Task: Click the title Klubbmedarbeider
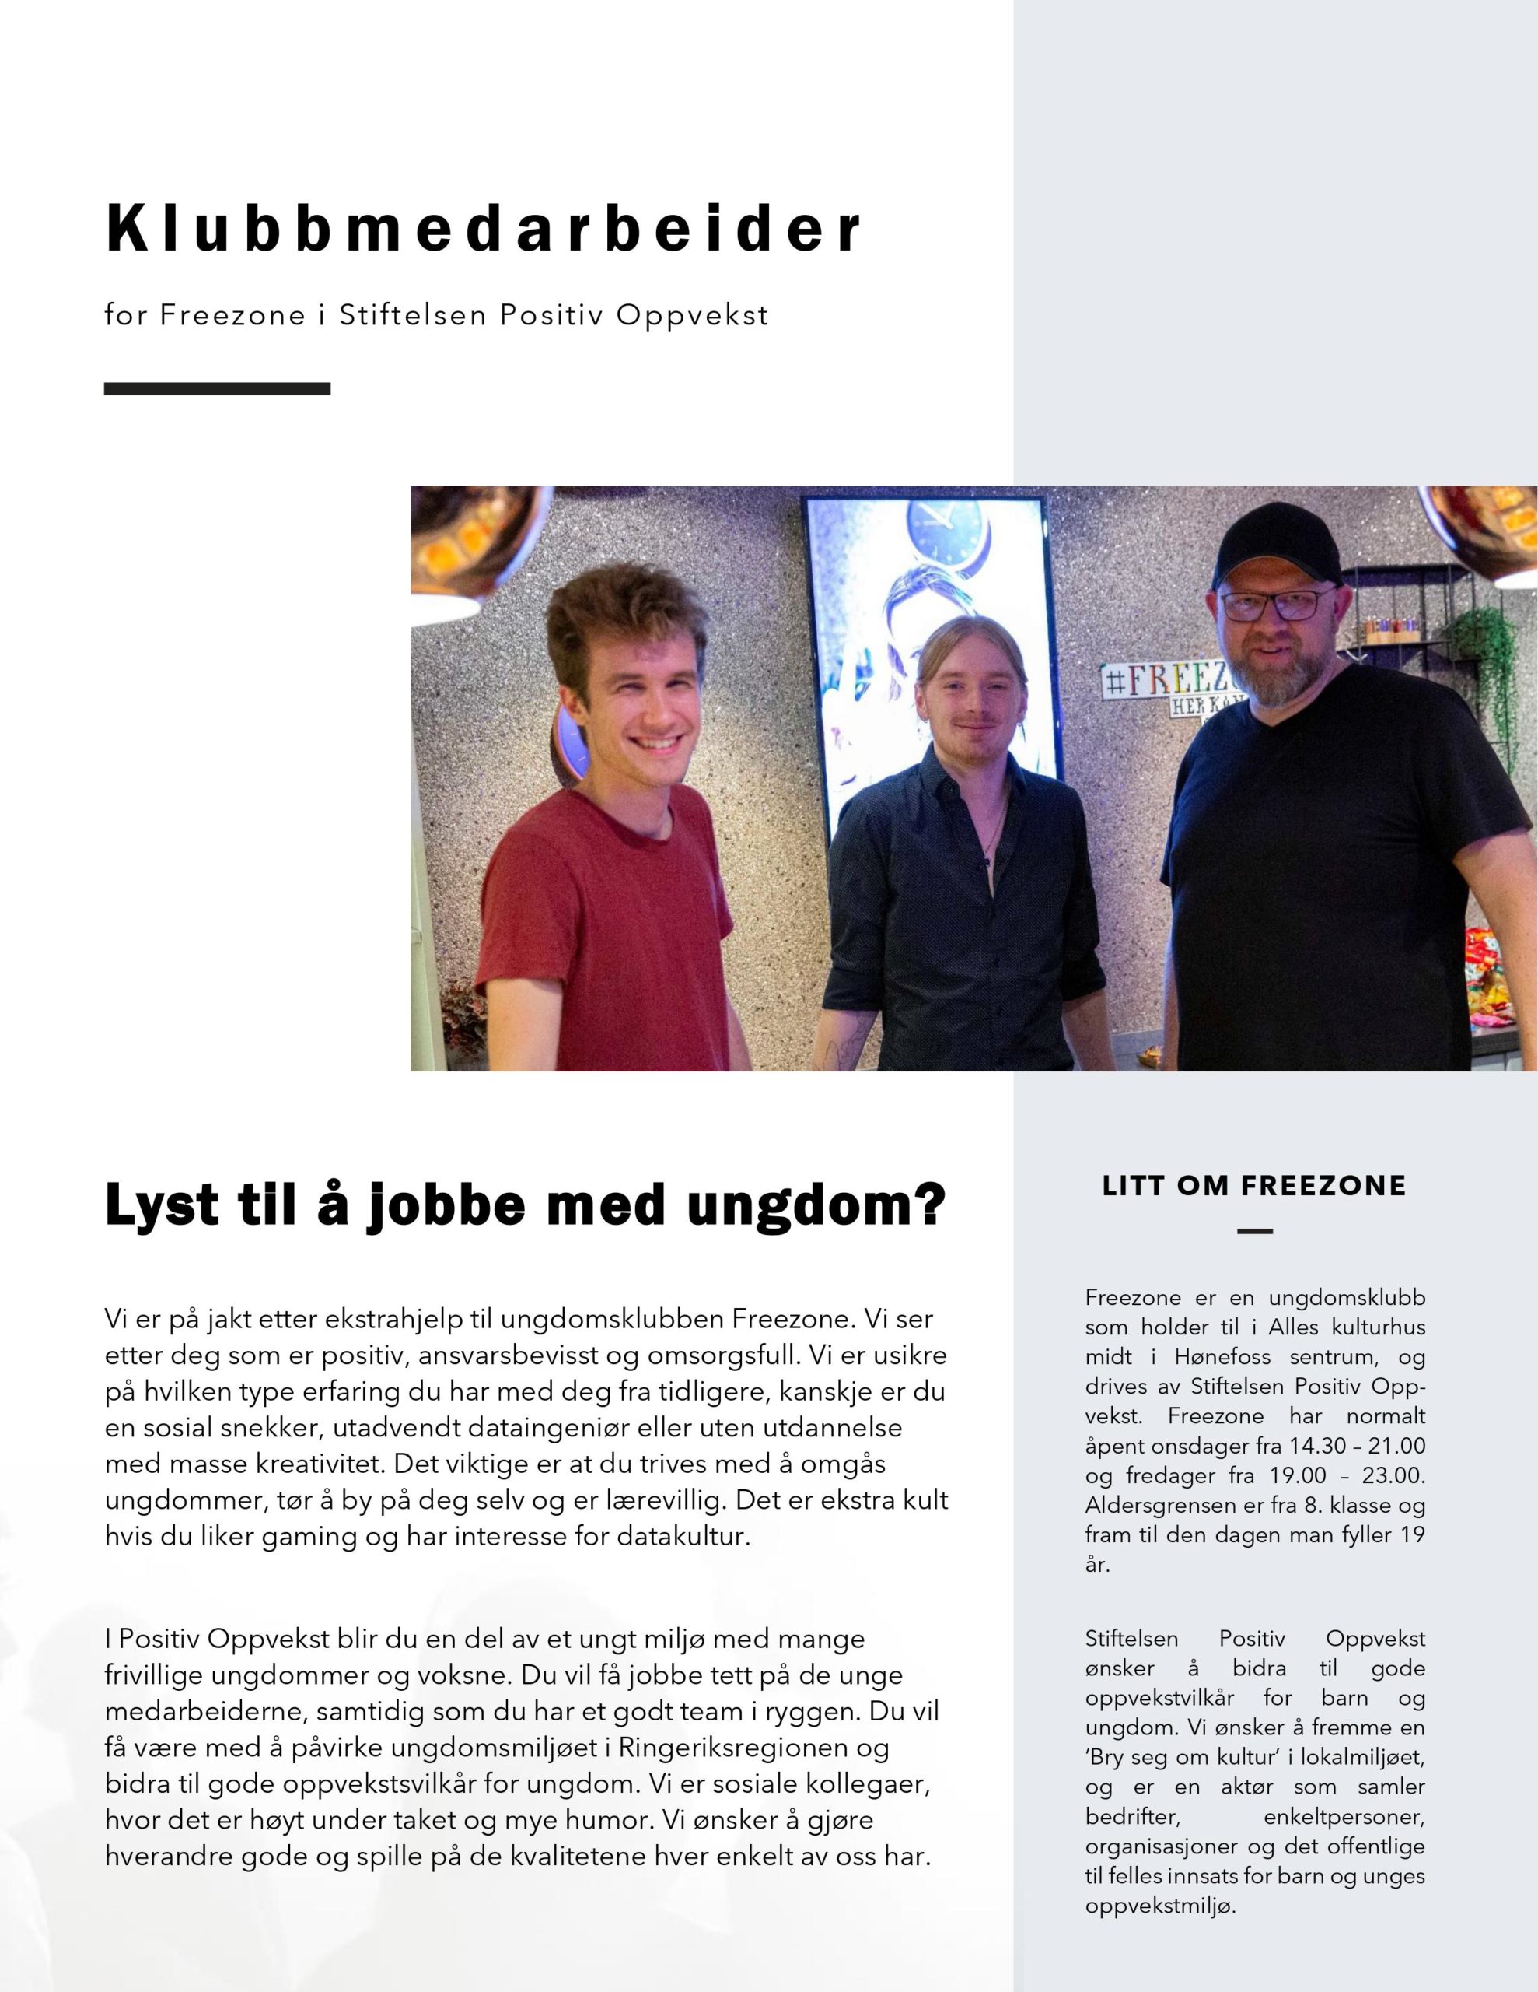(483, 228)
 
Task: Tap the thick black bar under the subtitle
(217, 388)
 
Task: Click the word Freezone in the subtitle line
(233, 316)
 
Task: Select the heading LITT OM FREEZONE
(1254, 1186)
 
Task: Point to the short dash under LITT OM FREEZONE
(1254, 1231)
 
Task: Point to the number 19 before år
(1412, 1535)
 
